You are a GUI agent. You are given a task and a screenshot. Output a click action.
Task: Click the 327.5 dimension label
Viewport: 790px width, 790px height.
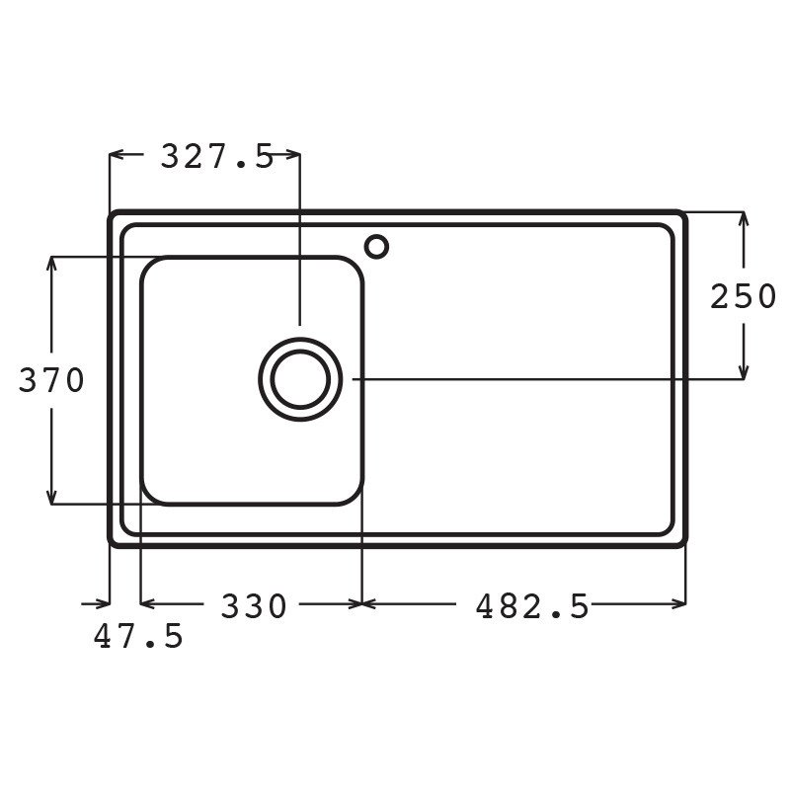tap(216, 155)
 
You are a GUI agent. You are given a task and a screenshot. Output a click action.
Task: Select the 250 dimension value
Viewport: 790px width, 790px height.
tap(744, 296)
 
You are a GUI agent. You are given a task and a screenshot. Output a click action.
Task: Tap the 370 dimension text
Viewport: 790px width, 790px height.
tap(51, 380)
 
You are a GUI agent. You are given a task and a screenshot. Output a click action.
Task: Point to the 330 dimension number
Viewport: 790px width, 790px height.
tap(253, 605)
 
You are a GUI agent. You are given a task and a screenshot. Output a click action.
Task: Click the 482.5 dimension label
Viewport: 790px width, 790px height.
tap(532, 605)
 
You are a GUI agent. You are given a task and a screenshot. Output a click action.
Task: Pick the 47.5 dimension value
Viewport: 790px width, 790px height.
tap(138, 637)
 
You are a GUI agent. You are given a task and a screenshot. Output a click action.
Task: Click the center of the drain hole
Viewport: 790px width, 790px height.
tap(300, 380)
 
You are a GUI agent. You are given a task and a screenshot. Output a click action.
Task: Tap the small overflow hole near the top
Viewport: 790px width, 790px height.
tap(376, 245)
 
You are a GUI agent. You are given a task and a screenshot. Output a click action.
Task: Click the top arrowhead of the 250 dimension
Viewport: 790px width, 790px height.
tap(743, 218)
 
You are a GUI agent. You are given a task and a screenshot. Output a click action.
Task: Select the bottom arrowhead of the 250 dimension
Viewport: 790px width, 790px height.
tap(743, 372)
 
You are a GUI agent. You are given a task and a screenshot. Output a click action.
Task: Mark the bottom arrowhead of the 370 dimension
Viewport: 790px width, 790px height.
tap(51, 498)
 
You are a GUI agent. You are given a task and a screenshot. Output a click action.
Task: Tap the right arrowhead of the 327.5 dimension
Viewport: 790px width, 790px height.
tap(293, 154)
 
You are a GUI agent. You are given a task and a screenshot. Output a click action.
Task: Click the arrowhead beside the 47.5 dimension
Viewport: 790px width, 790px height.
tap(103, 602)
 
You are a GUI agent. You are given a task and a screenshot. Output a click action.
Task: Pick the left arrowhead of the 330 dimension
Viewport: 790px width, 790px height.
tap(147, 602)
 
